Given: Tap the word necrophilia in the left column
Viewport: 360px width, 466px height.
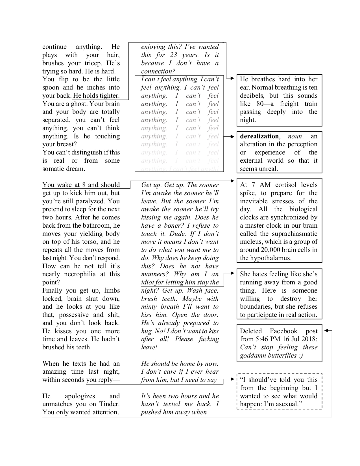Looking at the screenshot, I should coord(80,274).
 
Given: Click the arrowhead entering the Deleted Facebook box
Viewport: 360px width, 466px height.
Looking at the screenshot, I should coord(326,331).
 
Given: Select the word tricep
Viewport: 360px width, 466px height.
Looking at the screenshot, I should coord(94,63).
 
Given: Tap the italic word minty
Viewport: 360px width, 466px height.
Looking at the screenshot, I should coord(149,307).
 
